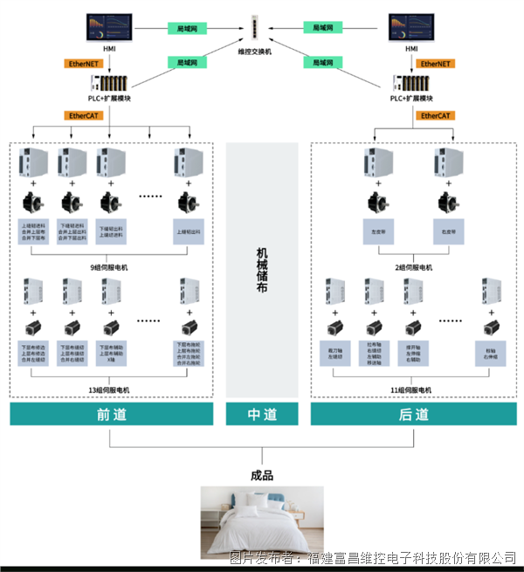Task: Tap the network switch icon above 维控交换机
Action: point(256,27)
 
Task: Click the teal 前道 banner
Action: point(111,414)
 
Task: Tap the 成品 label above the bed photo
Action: point(262,475)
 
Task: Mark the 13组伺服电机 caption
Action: point(109,389)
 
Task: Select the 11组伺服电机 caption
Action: point(411,389)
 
